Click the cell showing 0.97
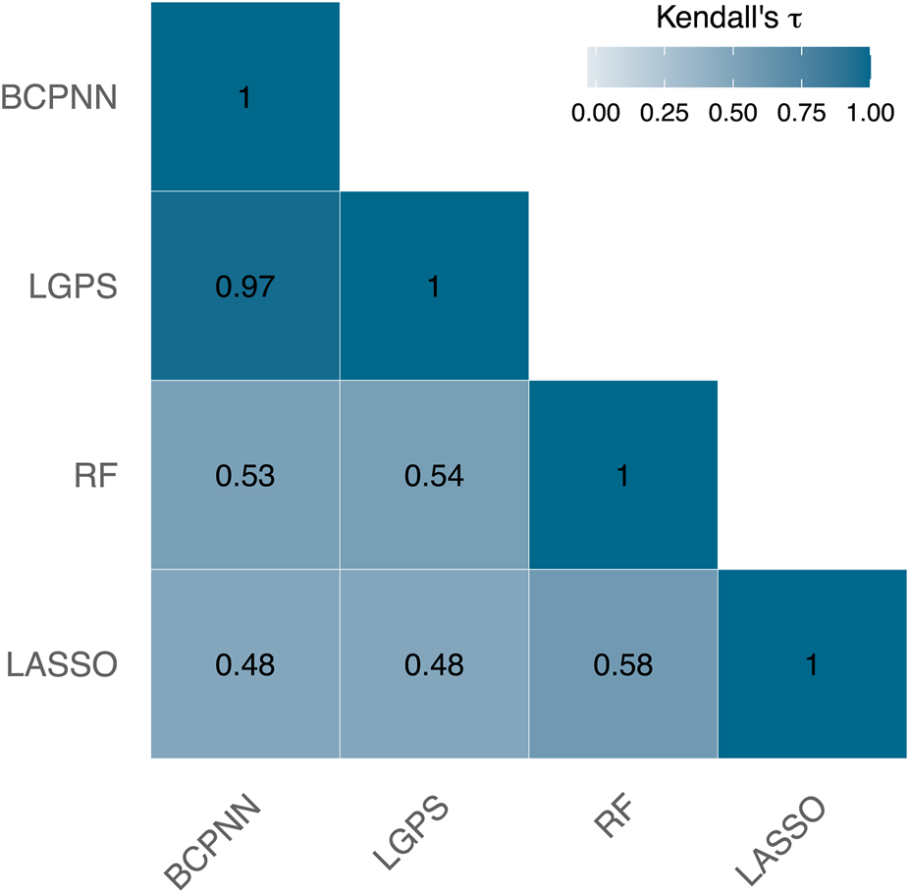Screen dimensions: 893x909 click(x=244, y=287)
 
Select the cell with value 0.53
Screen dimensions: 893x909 click(x=244, y=476)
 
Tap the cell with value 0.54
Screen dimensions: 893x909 click(x=434, y=476)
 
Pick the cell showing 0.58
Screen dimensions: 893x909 click(x=622, y=664)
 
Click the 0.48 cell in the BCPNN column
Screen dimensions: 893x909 click(x=244, y=664)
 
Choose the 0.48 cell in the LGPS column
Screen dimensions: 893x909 click(x=434, y=664)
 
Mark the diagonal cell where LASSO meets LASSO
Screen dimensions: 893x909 click(x=812, y=664)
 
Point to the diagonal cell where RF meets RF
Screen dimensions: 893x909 click(x=622, y=476)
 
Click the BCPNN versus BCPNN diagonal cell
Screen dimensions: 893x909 click(x=244, y=98)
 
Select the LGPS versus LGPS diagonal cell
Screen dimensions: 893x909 click(x=434, y=287)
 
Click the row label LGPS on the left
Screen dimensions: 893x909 click(x=75, y=288)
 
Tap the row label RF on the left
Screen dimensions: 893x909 click(x=95, y=476)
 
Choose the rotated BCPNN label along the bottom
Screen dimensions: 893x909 click(x=213, y=836)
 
